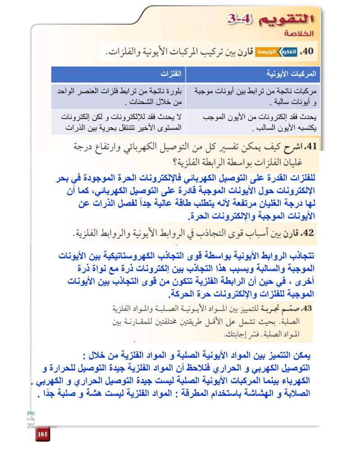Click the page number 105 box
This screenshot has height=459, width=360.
pos(43,434)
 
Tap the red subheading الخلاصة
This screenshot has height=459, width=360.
pos(297,34)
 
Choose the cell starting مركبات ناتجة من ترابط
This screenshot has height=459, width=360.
pos(253,95)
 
